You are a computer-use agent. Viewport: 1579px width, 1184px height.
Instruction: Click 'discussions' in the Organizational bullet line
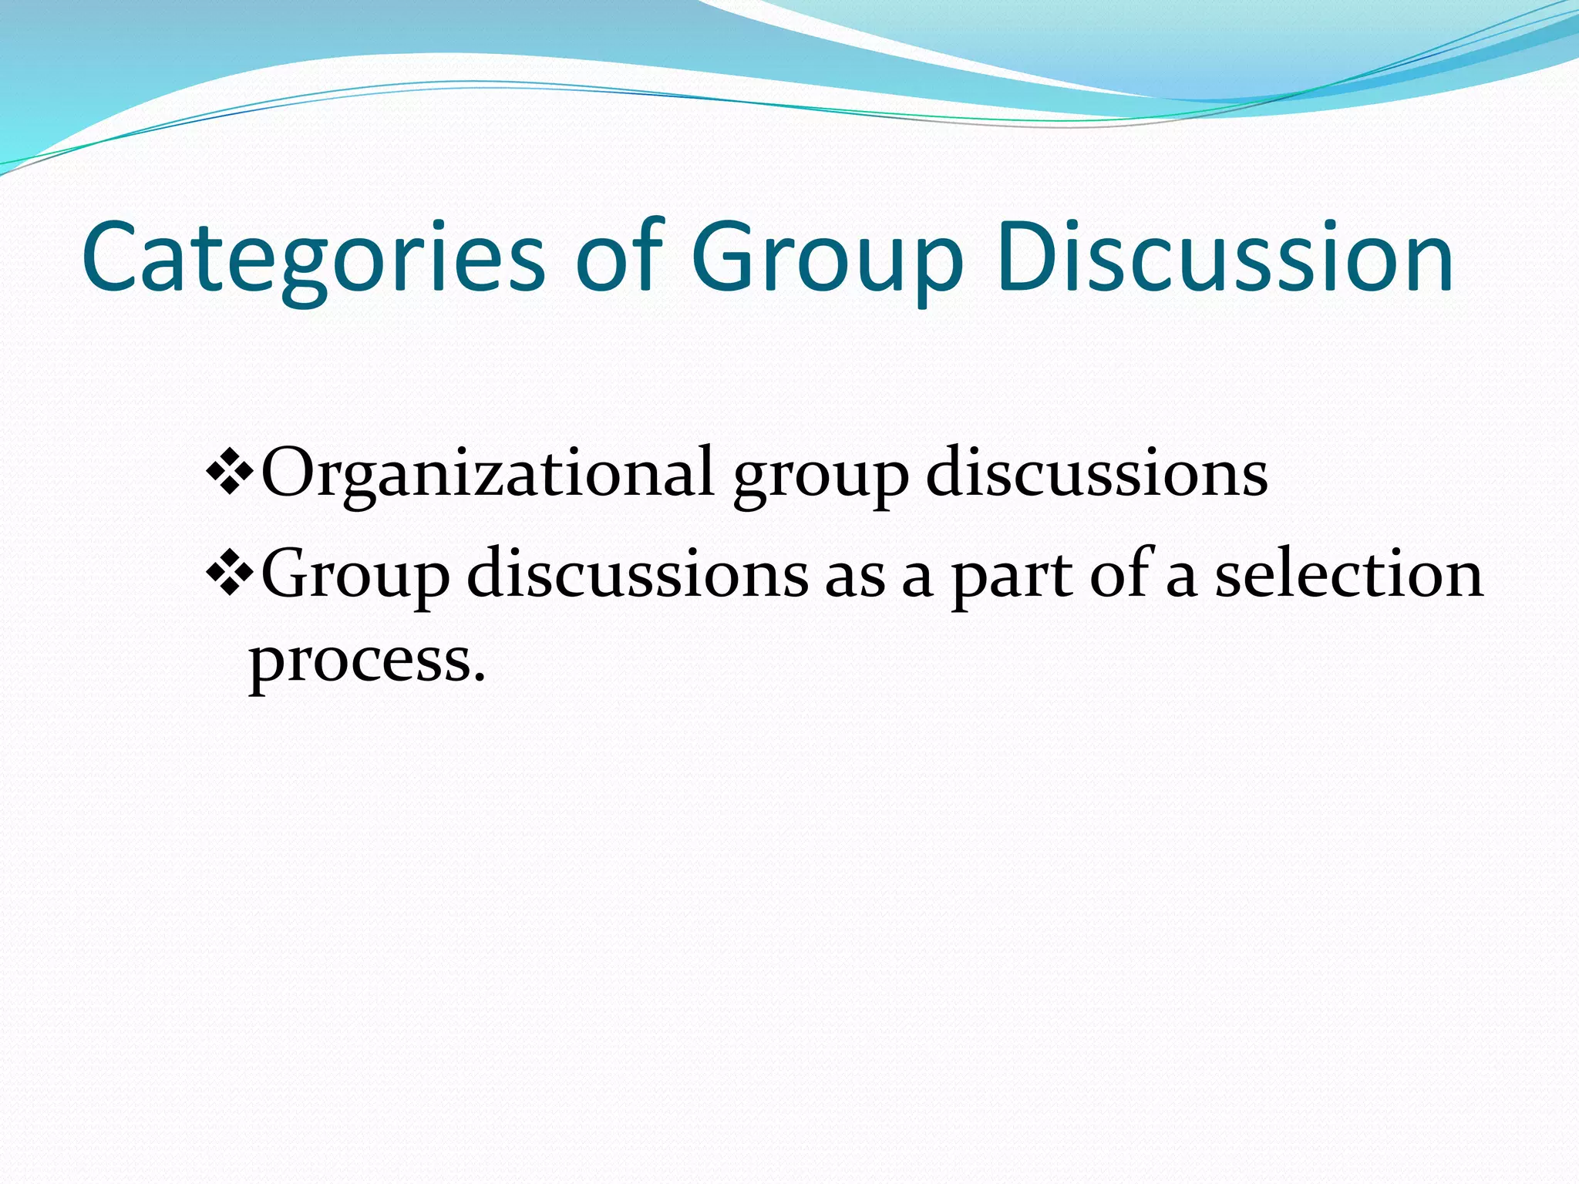[1096, 472]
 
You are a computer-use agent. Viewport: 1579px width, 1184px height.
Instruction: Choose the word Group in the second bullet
[355, 575]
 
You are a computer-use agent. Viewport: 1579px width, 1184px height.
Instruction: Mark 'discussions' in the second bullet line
[638, 574]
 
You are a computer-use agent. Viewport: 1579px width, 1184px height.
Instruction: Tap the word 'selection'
[1348, 574]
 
